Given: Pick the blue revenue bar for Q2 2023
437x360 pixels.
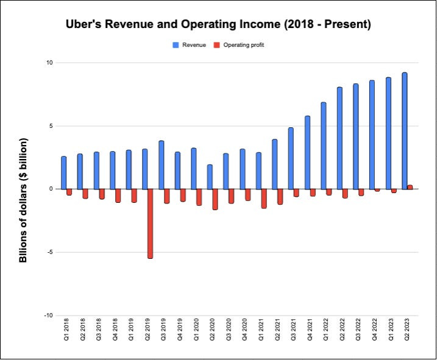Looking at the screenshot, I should tap(405, 131).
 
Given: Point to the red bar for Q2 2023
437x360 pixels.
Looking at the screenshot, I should tap(410, 187).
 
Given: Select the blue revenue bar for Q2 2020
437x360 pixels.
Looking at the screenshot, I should tap(210, 177).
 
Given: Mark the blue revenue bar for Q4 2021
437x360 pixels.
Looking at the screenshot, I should tap(307, 152).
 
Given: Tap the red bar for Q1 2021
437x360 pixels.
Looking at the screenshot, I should tap(264, 199).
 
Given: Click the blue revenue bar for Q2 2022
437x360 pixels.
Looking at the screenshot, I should tap(339, 138).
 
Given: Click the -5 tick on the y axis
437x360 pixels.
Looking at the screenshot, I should tap(50, 252).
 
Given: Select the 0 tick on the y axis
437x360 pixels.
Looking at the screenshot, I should tap(52, 189).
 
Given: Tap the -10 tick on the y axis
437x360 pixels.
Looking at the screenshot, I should tap(49, 316).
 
